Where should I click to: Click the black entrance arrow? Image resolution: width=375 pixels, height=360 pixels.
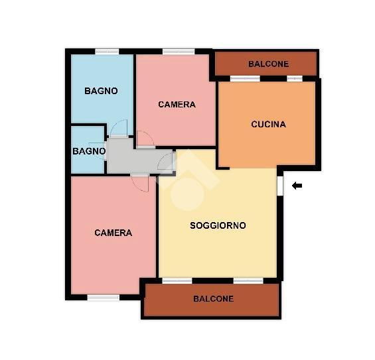click(x=297, y=186)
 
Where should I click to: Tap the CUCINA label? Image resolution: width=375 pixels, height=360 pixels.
click(x=268, y=124)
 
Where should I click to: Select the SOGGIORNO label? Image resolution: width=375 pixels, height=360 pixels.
click(x=218, y=225)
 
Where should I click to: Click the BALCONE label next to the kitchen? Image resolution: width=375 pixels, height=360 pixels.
click(x=268, y=64)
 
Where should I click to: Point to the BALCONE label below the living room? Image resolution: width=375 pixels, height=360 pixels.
click(x=213, y=299)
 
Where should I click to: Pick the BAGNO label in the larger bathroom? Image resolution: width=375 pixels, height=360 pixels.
click(x=101, y=91)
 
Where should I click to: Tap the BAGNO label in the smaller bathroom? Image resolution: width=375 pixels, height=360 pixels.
click(x=89, y=151)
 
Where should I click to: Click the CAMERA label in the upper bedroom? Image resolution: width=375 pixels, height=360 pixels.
click(x=177, y=104)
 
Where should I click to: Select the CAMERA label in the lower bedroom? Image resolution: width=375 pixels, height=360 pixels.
click(x=113, y=233)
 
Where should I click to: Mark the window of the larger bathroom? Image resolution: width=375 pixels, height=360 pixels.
click(x=107, y=51)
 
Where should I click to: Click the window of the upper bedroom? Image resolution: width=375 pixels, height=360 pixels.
click(x=179, y=51)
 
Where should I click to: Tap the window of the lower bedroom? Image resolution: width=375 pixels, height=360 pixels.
click(x=104, y=298)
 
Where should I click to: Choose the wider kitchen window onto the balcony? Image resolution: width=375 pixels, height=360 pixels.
click(x=245, y=79)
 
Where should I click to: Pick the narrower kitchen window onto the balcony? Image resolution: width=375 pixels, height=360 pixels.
click(x=295, y=79)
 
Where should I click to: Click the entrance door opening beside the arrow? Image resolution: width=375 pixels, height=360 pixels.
click(x=280, y=186)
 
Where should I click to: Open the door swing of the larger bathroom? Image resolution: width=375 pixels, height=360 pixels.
click(x=119, y=128)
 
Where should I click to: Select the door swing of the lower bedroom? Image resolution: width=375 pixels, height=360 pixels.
click(x=140, y=183)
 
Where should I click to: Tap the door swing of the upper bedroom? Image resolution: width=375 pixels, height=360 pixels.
click(x=145, y=139)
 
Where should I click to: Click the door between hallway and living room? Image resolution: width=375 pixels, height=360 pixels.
click(x=166, y=161)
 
